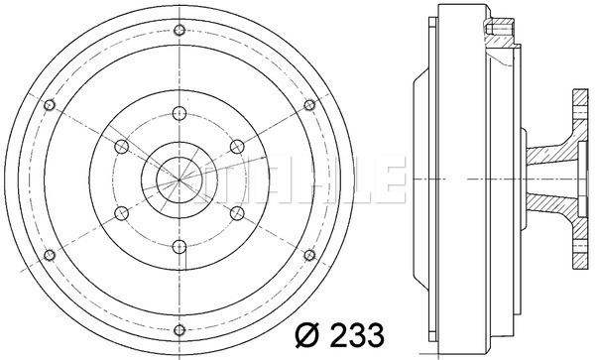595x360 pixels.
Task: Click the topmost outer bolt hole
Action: tap(179, 30)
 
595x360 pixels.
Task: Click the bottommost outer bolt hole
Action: tap(179, 330)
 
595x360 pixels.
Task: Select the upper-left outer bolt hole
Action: tap(50, 105)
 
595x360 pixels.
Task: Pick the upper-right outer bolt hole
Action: tap(309, 105)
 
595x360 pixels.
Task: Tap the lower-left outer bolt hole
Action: tap(50, 255)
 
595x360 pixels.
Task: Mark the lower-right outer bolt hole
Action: tap(309, 255)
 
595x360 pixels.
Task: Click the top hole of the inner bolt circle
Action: tap(179, 113)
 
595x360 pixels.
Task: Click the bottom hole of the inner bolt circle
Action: tap(179, 247)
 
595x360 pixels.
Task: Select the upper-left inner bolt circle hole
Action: tap(121, 147)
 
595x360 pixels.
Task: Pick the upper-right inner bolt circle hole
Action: tap(237, 147)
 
